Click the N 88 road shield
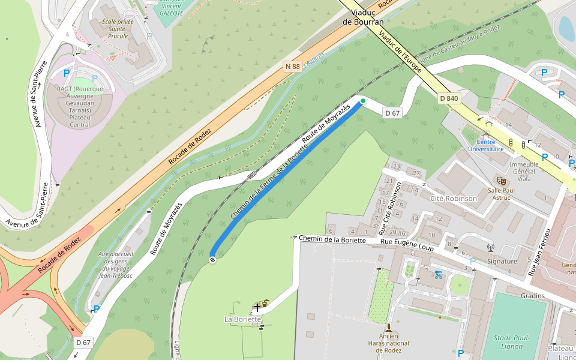(x=292, y=67)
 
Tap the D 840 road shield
(x=449, y=98)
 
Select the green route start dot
(x=362, y=101)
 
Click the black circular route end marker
(x=212, y=259)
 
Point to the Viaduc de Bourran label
(x=363, y=17)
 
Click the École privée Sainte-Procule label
(x=118, y=28)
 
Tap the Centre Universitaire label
(x=485, y=145)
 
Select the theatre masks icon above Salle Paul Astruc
(x=502, y=180)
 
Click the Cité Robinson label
(x=454, y=198)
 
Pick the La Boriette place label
(x=243, y=319)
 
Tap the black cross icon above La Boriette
(x=257, y=307)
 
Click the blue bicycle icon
(x=438, y=275)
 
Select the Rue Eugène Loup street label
(x=407, y=241)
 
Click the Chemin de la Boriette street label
(x=332, y=239)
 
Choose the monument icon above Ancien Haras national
(x=389, y=328)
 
